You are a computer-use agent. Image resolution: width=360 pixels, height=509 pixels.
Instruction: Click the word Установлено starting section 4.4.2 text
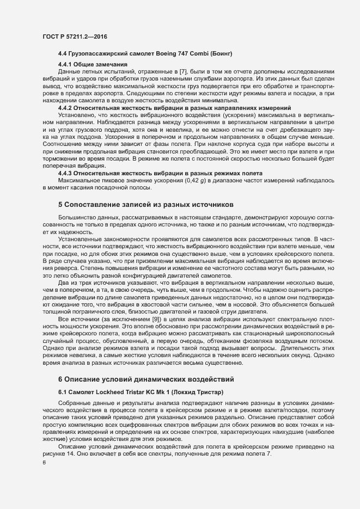[77, 115]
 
